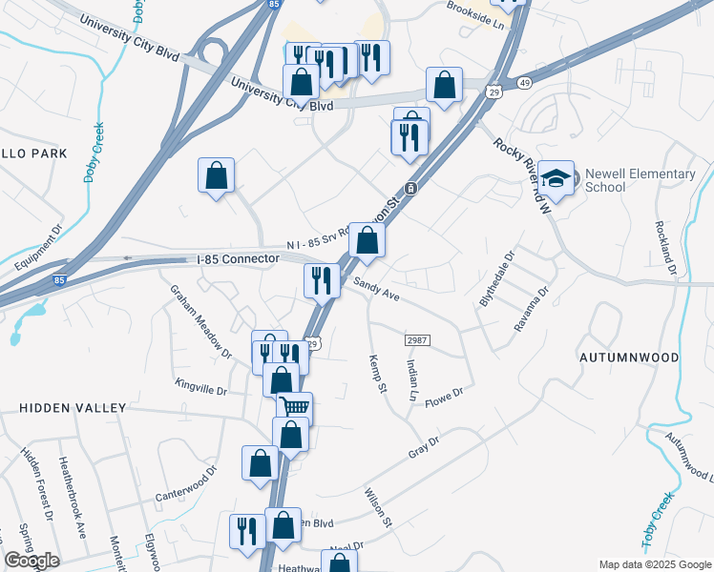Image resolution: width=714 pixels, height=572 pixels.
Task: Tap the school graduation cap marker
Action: [556, 178]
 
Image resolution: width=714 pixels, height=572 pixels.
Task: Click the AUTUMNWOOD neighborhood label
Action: [629, 357]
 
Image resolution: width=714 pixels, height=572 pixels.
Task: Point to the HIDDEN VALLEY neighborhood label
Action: [73, 407]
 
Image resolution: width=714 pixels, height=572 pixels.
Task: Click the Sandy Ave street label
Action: [376, 290]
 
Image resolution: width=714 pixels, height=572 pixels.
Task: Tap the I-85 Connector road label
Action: [239, 259]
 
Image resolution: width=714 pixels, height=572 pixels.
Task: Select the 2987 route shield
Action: [416, 340]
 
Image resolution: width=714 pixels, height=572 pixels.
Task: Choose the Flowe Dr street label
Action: [444, 393]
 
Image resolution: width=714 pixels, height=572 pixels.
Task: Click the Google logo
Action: [31, 561]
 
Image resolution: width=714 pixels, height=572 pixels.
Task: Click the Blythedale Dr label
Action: [495, 277]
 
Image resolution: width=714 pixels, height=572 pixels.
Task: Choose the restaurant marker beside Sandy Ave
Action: [322, 279]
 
